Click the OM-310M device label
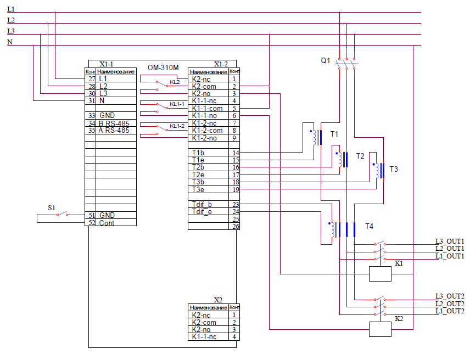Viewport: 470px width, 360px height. (163, 67)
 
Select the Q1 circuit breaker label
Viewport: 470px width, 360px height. (326, 60)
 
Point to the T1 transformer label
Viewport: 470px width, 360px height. (334, 134)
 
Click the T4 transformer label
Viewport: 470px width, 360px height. (369, 226)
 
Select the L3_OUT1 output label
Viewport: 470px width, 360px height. (449, 241)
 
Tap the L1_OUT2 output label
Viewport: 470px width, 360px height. (449, 311)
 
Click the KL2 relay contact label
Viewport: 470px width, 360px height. (175, 82)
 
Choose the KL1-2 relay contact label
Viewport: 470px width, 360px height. (177, 126)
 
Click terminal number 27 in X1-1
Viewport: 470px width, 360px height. (91, 79)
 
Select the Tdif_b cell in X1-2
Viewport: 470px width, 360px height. (202, 204)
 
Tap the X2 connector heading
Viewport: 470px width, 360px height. (218, 300)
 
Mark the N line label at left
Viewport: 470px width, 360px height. (10, 42)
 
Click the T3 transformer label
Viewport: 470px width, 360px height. (394, 169)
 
